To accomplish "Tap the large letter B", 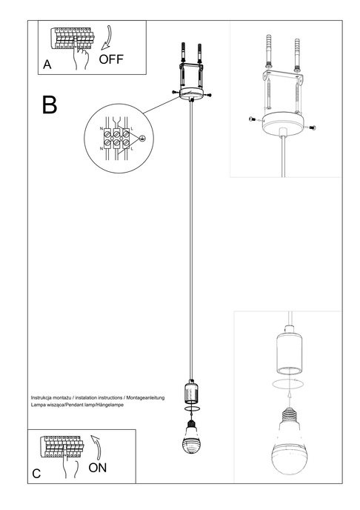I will (x=50, y=105).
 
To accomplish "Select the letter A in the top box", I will (x=47, y=65).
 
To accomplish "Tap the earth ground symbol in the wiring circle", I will (x=142, y=139).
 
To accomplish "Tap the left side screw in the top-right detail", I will (x=251, y=119).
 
